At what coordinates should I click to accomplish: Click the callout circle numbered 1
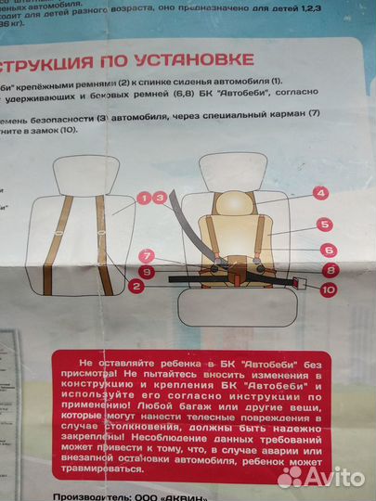click(x=144, y=198)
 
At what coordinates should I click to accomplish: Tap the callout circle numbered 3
click(x=161, y=197)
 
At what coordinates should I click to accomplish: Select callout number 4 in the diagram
click(x=320, y=193)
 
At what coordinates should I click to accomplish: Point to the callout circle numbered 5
click(x=324, y=224)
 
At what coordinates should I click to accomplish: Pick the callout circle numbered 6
click(x=328, y=249)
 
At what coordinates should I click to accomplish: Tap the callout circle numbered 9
click(x=145, y=271)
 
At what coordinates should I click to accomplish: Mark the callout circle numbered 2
click(x=136, y=288)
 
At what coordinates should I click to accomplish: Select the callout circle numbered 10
click(x=328, y=289)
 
